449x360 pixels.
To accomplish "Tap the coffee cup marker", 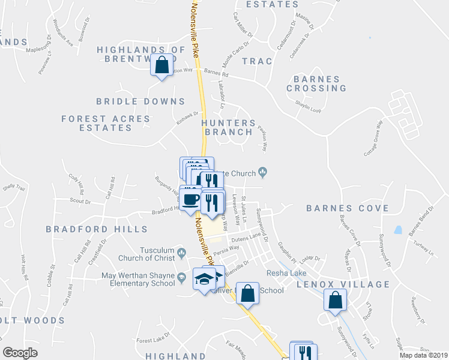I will [x=191, y=199].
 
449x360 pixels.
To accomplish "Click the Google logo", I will [x=20, y=353].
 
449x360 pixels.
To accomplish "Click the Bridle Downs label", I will [x=140, y=102].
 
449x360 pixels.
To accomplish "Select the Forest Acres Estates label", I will [x=106, y=124].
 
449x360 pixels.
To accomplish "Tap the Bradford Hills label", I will [x=97, y=229].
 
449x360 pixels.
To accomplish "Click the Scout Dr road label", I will [x=80, y=201].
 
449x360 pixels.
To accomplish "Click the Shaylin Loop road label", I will [x=308, y=106].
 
